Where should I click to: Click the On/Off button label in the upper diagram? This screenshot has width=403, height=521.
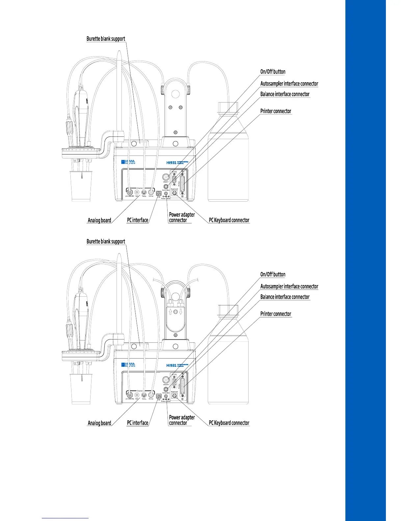click(273, 72)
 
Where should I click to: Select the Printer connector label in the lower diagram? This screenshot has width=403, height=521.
click(276, 314)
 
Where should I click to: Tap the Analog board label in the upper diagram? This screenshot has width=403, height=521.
click(99, 220)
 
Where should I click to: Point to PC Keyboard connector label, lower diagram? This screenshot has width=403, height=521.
click(229, 423)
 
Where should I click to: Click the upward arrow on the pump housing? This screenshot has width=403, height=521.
click(170, 311)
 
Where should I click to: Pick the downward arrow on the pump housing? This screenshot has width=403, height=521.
click(181, 311)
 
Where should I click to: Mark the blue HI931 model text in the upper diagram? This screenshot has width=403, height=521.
click(172, 162)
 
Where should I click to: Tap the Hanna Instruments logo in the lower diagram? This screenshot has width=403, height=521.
click(128, 365)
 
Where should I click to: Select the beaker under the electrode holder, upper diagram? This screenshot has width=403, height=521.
click(80, 186)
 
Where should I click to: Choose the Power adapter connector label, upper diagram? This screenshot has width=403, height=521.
click(181, 217)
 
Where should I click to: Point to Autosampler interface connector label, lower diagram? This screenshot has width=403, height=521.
click(289, 286)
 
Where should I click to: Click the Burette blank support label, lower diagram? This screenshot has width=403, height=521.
click(106, 241)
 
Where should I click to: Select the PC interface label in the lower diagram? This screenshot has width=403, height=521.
click(137, 423)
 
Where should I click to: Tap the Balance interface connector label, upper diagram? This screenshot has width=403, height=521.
click(285, 94)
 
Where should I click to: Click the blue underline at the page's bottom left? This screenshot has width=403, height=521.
click(65, 518)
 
